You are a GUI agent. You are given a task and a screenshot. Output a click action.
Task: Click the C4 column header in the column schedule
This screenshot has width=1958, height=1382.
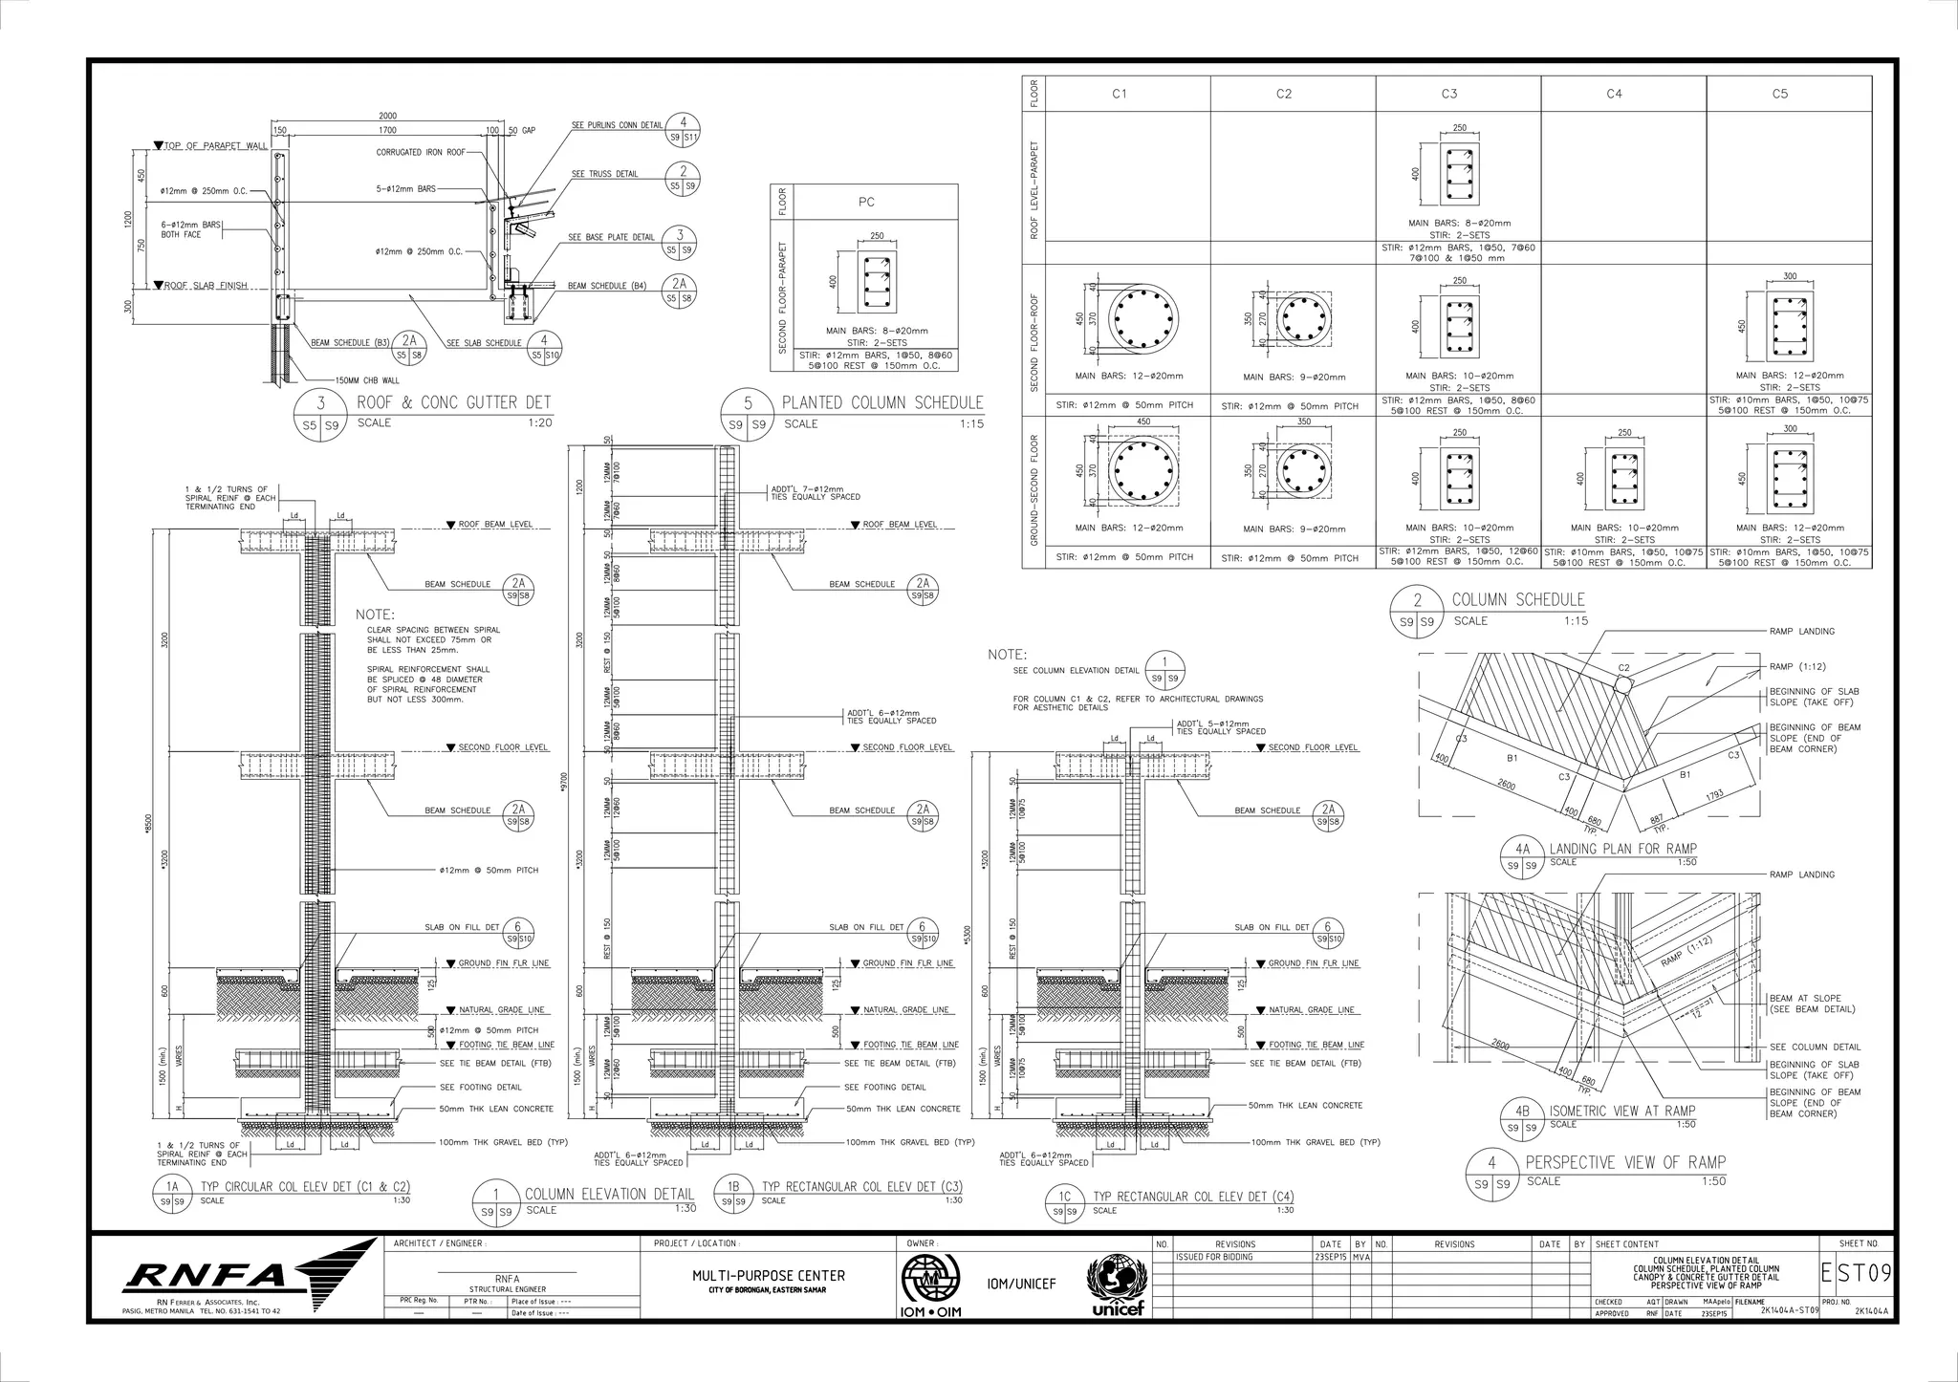(x=1614, y=94)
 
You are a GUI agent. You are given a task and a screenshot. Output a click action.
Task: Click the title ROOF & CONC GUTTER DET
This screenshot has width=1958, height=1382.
(x=454, y=403)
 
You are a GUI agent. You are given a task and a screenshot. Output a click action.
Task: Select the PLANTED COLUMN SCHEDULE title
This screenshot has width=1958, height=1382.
(x=881, y=403)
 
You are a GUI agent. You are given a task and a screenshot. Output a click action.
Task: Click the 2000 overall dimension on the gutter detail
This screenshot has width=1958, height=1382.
(x=388, y=116)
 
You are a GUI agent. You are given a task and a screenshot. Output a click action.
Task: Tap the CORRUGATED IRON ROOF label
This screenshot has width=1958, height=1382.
(x=420, y=153)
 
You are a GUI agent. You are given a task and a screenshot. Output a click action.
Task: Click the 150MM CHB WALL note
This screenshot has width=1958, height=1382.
(x=368, y=379)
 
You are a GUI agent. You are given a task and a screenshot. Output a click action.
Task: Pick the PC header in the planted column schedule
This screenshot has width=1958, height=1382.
(x=865, y=202)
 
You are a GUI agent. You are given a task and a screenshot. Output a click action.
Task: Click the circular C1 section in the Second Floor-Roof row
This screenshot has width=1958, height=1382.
(x=1143, y=318)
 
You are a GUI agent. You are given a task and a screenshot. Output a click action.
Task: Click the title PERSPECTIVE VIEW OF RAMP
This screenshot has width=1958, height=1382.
(x=1625, y=1163)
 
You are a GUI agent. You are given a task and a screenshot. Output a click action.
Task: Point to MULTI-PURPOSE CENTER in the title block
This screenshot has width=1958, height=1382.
(x=769, y=1276)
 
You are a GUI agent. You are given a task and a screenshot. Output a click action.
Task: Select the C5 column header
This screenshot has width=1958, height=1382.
(x=1779, y=94)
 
